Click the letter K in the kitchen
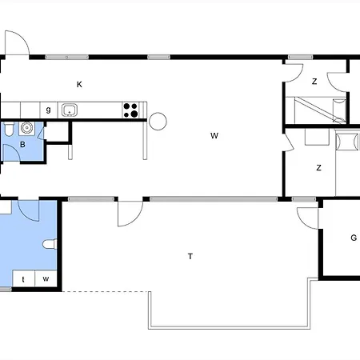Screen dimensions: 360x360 point(79,85)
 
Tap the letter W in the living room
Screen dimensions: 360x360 point(214,136)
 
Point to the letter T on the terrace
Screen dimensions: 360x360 point(190,256)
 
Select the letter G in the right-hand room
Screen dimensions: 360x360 point(354,238)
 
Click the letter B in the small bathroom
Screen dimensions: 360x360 point(22,145)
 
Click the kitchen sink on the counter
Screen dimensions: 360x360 point(70,110)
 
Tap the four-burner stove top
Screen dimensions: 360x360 point(130,110)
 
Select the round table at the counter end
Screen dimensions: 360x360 point(158,122)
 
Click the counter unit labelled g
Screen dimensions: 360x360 point(49,110)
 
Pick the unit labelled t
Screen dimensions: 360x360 point(24,279)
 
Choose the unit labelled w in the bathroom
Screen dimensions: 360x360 point(46,279)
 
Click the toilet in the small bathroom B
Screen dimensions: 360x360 point(9,129)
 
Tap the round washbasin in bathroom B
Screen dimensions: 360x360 point(26,128)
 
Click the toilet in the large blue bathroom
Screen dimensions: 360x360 point(50,244)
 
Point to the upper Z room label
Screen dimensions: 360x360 point(314,82)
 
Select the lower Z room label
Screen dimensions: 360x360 point(318,168)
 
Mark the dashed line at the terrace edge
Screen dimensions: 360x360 point(106,291)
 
